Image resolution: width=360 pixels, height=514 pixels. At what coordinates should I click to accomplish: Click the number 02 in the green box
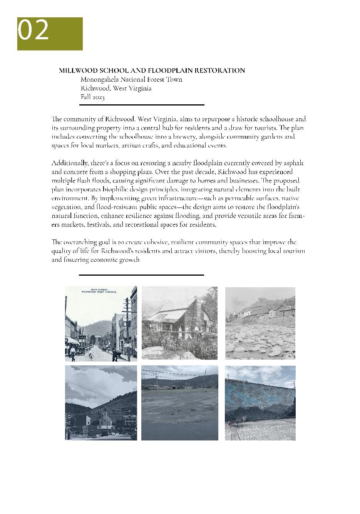[33, 30]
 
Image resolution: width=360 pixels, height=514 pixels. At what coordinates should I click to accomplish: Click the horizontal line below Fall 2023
[142, 105]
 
